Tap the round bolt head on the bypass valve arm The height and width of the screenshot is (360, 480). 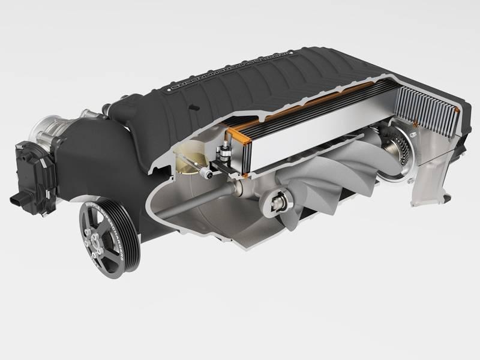[207, 173]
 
